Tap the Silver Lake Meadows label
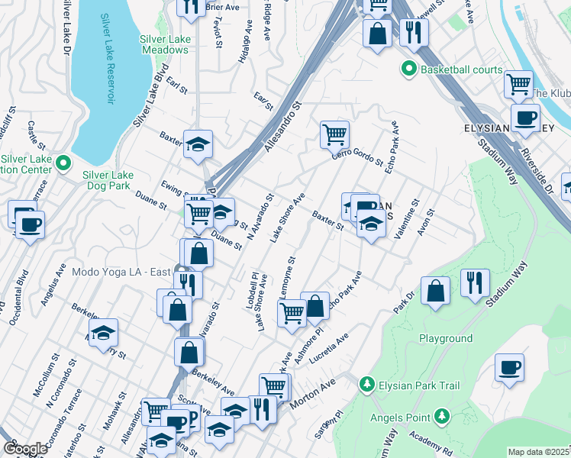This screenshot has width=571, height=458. (164, 44)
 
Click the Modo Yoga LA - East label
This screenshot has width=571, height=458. (120, 271)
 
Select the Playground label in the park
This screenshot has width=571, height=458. (446, 338)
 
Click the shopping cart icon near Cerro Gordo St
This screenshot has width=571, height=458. (334, 135)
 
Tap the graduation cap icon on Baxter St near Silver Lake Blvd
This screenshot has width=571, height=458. (198, 144)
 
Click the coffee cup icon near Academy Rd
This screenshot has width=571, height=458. (509, 368)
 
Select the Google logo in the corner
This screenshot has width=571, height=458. (25, 449)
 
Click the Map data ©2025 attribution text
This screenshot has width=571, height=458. (539, 452)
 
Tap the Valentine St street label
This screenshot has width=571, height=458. (406, 219)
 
